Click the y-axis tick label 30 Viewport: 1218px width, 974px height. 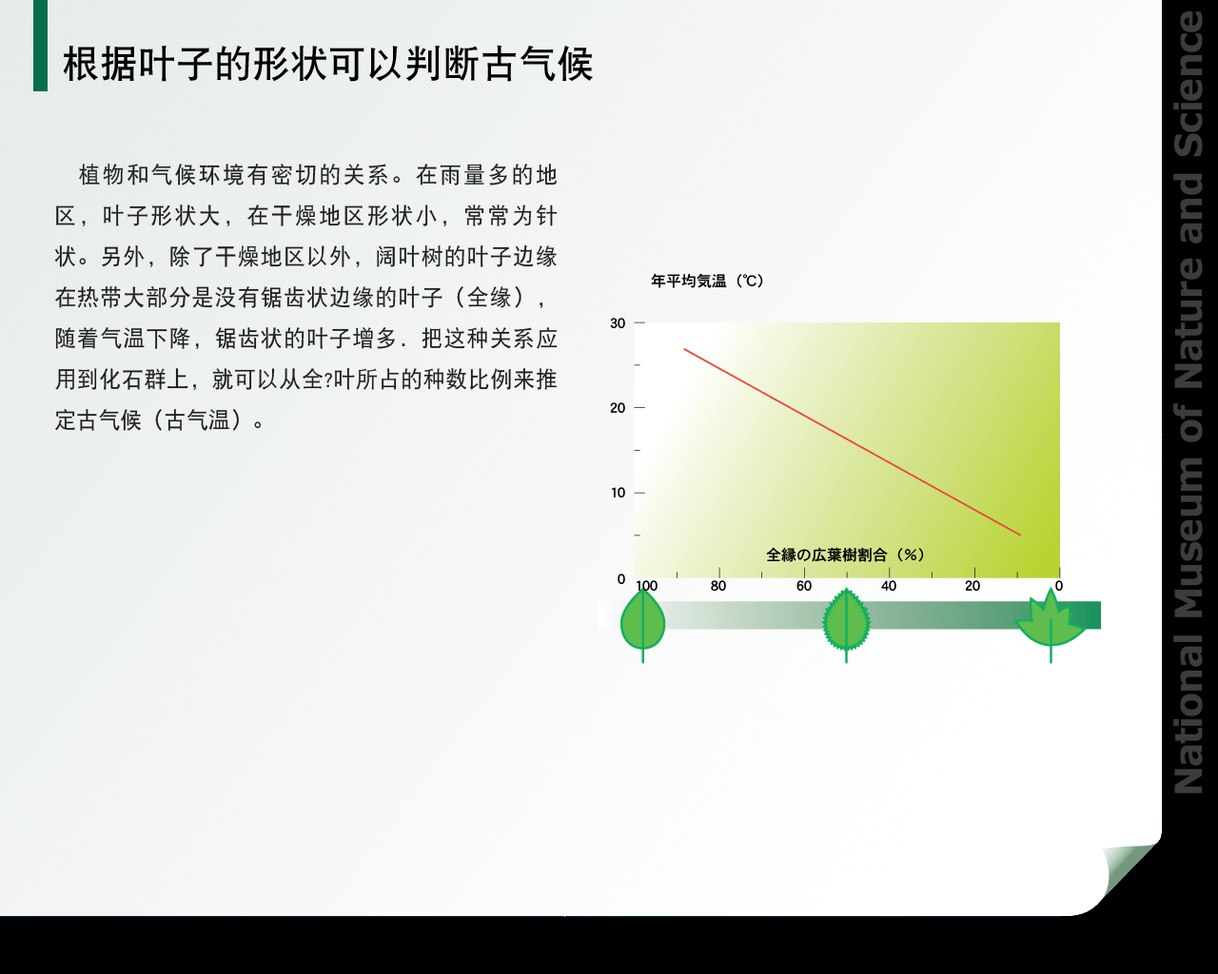618,323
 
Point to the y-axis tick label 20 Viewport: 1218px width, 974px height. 618,408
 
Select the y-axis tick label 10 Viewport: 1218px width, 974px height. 618,493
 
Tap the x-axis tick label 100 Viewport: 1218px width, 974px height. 646,586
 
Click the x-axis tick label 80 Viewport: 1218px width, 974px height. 718,586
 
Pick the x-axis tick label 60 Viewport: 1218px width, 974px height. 804,586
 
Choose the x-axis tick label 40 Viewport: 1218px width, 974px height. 889,586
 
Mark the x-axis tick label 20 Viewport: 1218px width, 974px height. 972,586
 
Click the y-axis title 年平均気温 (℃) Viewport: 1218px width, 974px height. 707,281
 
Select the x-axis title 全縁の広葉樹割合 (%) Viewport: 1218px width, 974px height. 846,555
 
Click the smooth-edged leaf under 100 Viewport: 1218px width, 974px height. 642,624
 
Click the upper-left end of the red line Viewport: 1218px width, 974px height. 684,349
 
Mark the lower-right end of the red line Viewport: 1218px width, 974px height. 1020,535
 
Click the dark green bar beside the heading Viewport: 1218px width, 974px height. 40,46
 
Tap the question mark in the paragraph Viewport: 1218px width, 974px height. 328,380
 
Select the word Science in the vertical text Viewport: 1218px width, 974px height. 1189,84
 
